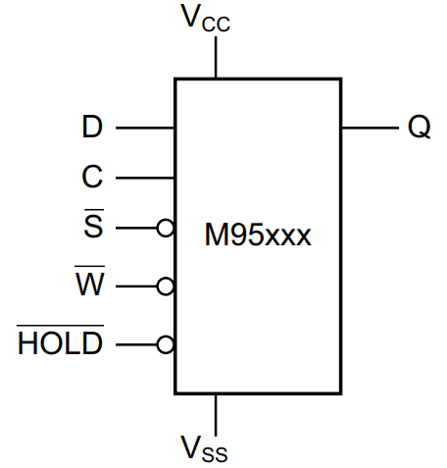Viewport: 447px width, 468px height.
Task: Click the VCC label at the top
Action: pos(205,21)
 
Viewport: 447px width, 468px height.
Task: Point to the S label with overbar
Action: pos(92,227)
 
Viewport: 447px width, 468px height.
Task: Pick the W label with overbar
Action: pos(90,286)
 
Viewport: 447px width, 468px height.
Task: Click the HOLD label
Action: pos(61,343)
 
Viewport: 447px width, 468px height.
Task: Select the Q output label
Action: pos(419,129)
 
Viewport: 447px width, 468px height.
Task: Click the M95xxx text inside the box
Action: pos(258,236)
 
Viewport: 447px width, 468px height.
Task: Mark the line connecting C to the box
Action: pos(145,179)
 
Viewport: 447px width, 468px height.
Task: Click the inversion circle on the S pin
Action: pos(166,229)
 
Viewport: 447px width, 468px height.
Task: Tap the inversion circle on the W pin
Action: pos(166,286)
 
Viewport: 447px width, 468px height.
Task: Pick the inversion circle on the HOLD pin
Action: pos(166,344)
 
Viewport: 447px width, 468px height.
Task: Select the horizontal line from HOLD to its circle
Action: pos(136,344)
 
